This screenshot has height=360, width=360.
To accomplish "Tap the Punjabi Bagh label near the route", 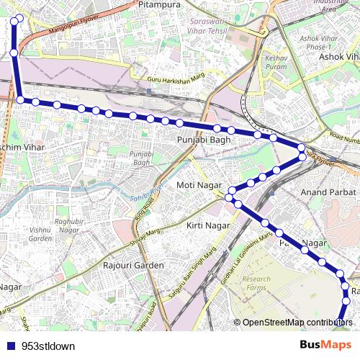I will [204, 140].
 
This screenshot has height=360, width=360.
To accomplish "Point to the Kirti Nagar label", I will [208, 226].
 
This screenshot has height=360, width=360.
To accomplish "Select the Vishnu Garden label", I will [41, 234].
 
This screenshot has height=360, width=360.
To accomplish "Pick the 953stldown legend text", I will [48, 346].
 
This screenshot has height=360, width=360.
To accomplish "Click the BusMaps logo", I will [325, 345].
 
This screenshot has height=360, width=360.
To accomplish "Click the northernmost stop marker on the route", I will [18, 18].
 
